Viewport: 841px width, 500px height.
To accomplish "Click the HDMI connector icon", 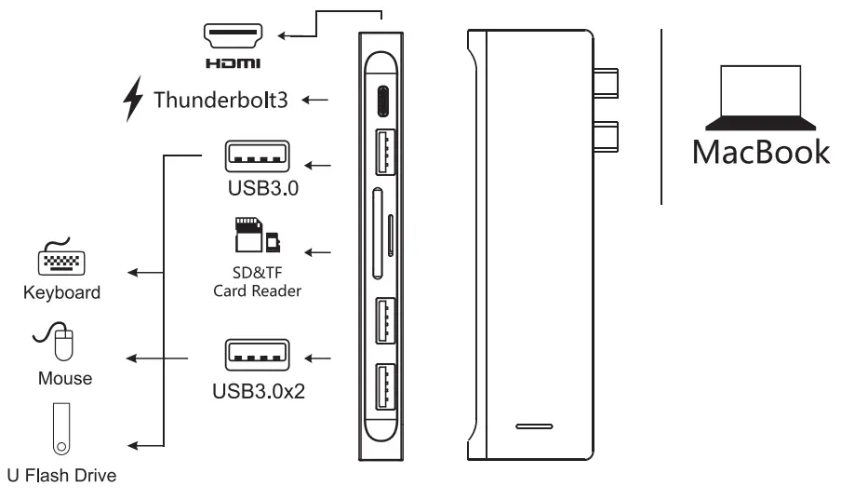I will (233, 36).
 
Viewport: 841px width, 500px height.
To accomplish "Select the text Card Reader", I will (258, 290).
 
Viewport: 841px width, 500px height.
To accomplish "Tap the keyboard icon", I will (61, 260).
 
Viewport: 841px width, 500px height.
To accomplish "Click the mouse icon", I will (61, 342).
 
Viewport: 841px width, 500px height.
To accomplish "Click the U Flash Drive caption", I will (61, 477).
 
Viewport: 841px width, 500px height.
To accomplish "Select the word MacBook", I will (760, 151).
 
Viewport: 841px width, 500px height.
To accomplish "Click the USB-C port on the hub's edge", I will (384, 101).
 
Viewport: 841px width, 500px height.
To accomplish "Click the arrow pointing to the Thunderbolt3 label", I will (316, 99).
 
